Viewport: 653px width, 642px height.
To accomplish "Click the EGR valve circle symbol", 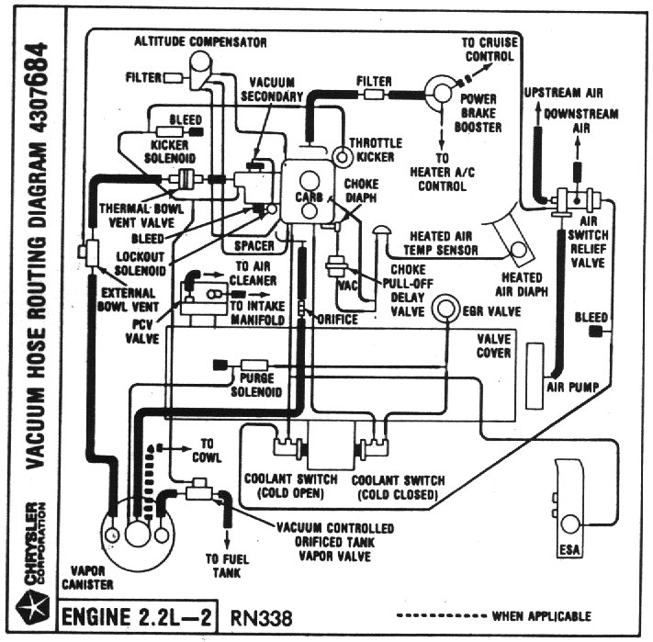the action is [445, 309].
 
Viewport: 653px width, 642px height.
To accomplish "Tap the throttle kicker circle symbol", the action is [343, 157].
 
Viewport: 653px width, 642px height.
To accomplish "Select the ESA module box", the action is [569, 508].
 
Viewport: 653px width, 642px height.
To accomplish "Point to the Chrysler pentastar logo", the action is [32, 610].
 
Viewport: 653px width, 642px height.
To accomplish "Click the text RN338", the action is [261, 618].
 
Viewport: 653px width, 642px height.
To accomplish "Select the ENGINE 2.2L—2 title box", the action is [137, 616].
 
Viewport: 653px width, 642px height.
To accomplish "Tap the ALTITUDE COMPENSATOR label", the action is [200, 41].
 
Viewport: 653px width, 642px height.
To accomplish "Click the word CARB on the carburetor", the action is [309, 197].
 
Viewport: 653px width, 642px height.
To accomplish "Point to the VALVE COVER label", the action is [493, 346].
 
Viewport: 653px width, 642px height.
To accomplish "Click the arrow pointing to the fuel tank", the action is [227, 539].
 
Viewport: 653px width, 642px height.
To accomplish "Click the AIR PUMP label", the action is [572, 388].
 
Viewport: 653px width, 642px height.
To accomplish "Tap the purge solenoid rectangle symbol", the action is [254, 366].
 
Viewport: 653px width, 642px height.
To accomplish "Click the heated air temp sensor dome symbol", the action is [381, 231].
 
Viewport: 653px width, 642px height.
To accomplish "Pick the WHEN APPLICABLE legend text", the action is [541, 616].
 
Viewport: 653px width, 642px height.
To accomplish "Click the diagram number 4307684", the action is [36, 88].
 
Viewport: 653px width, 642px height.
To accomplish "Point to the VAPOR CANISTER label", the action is [87, 578].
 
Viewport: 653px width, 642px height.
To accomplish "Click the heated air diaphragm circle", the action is [519, 250].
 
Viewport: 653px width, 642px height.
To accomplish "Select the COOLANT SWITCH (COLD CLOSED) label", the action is [398, 488].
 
